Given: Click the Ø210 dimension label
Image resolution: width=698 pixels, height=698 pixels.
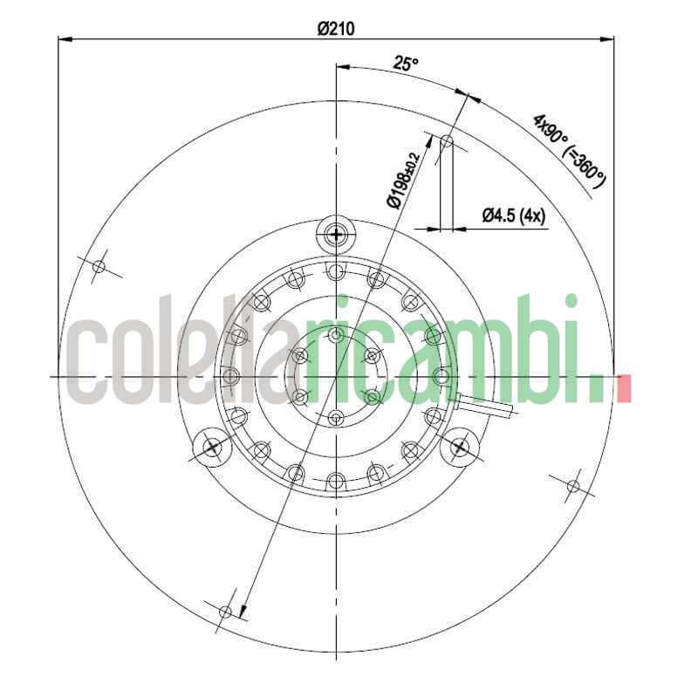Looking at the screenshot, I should pyautogui.click(x=335, y=28).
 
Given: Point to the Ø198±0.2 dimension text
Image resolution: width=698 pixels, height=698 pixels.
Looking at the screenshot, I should pyautogui.click(x=403, y=179).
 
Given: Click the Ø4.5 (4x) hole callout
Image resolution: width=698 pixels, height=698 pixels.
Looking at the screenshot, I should pyautogui.click(x=514, y=216).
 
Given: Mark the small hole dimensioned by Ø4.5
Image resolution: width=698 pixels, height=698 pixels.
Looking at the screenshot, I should pyautogui.click(x=447, y=140).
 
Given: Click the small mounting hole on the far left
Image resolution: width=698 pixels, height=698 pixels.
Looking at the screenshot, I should pyautogui.click(x=99, y=266).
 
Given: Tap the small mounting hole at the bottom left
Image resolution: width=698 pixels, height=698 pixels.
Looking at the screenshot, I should pyautogui.click(x=225, y=612).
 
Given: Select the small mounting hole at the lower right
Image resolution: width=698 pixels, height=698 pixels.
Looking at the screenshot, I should pyautogui.click(x=573, y=485).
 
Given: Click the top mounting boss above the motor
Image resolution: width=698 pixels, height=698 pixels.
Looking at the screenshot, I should pyautogui.click(x=336, y=234).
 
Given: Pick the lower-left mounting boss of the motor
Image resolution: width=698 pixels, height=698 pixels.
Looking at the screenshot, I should pyautogui.click(x=212, y=448).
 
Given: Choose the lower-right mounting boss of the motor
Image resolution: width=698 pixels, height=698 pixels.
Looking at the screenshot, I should pyautogui.click(x=459, y=448).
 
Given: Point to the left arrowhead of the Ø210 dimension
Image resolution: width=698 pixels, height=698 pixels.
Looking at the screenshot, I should pyautogui.click(x=64, y=38).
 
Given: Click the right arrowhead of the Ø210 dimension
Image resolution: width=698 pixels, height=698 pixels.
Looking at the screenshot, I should pyautogui.click(x=608, y=38).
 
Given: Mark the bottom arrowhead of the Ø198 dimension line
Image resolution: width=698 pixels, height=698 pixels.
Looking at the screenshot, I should pyautogui.click(x=244, y=612).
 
